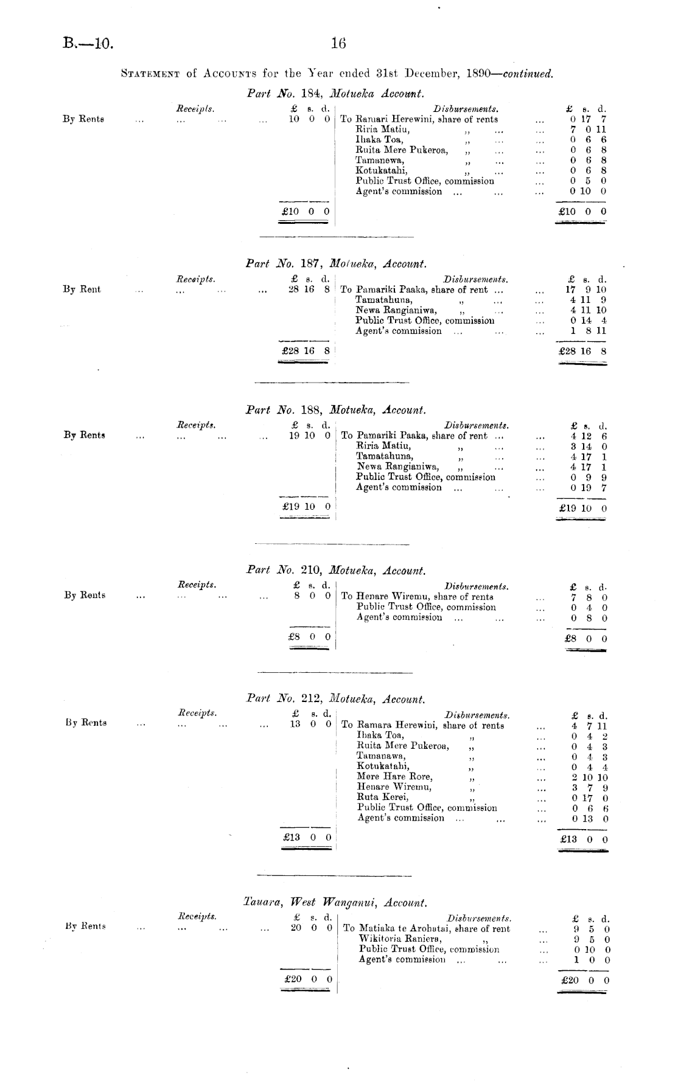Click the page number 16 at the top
(338, 43)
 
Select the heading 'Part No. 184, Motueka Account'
(335, 94)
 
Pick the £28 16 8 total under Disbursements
(582, 352)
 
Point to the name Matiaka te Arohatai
(405, 928)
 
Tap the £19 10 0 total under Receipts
(302, 506)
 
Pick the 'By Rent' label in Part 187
(82, 290)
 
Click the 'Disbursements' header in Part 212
(477, 715)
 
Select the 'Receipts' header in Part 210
(197, 585)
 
